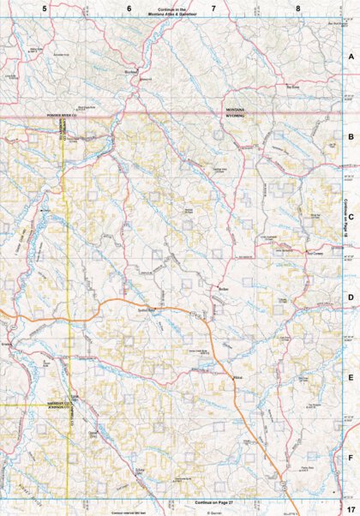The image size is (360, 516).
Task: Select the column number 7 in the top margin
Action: tap(213, 8)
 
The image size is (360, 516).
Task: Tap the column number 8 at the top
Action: tap(297, 8)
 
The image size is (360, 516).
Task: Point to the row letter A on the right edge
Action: tap(351, 56)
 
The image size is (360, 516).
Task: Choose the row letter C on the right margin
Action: tap(351, 216)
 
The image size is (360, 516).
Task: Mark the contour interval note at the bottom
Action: tap(129, 512)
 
